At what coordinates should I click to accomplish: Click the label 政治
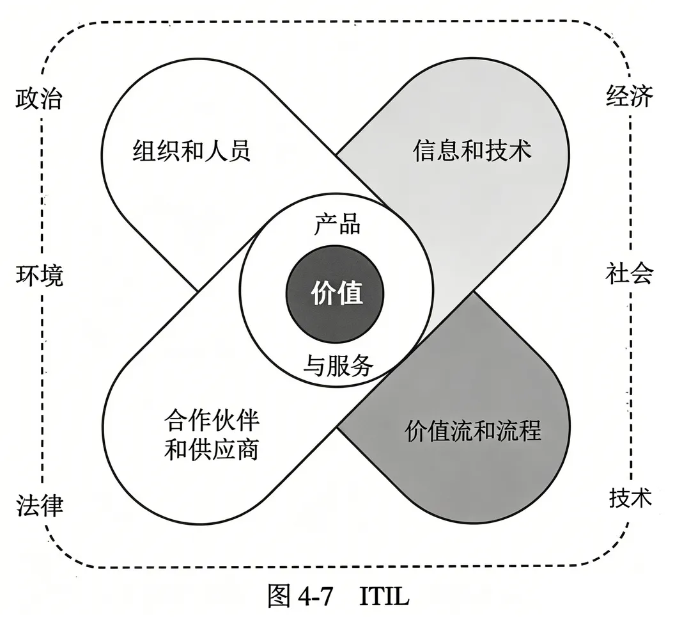[39, 100]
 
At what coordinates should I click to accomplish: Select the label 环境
[39, 277]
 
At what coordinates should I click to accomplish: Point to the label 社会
[629, 274]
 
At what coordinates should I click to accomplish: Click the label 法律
[39, 505]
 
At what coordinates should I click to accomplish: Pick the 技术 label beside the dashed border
[629, 497]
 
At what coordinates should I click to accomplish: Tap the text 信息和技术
[472, 152]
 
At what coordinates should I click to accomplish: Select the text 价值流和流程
[473, 431]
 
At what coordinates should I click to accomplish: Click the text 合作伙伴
[212, 421]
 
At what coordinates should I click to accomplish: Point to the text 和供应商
[212, 450]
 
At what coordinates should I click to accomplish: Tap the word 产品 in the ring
[337, 225]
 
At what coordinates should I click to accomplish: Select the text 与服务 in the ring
[337, 366]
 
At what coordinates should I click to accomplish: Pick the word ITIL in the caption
[384, 597]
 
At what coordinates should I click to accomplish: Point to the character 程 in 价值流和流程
[529, 431]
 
